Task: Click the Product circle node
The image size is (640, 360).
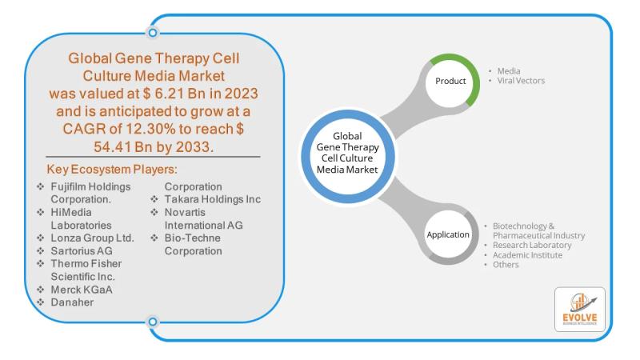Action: click(451, 82)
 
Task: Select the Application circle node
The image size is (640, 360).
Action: click(447, 235)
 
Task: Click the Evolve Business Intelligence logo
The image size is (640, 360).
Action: click(579, 309)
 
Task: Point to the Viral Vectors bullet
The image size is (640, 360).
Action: click(522, 81)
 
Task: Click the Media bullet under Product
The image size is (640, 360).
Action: click(510, 71)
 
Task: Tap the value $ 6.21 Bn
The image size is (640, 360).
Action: click(201, 94)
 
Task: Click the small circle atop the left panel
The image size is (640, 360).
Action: click(153, 33)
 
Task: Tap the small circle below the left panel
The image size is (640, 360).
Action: click(153, 322)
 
